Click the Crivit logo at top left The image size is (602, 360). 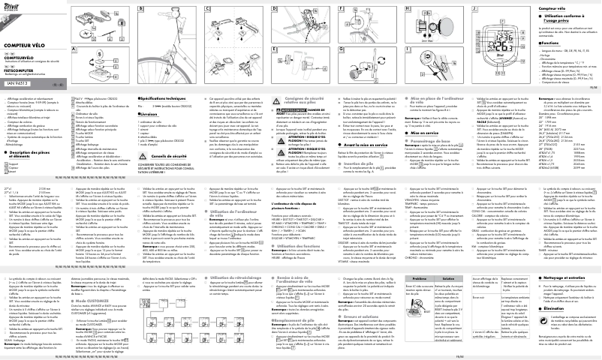click(x=13, y=9)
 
